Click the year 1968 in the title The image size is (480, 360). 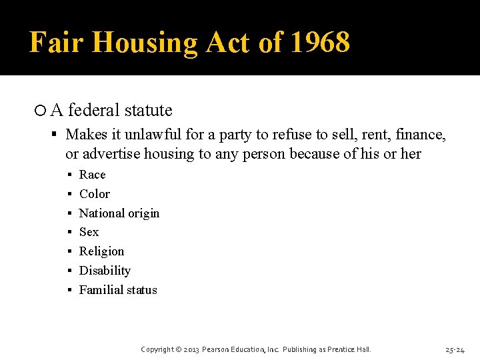click(320, 43)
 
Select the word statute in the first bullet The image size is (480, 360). click(148, 110)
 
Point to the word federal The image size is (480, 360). click(92, 110)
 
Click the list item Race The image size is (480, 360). click(92, 175)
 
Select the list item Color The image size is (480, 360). click(94, 194)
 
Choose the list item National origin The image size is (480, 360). click(119, 213)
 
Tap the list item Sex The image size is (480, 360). click(89, 232)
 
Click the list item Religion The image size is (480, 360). click(101, 251)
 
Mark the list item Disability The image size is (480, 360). click(105, 271)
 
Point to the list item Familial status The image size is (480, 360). click(118, 290)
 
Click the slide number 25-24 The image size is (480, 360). click(455, 349)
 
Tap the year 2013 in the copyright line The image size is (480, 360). click(190, 349)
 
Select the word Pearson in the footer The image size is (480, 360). click(217, 349)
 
